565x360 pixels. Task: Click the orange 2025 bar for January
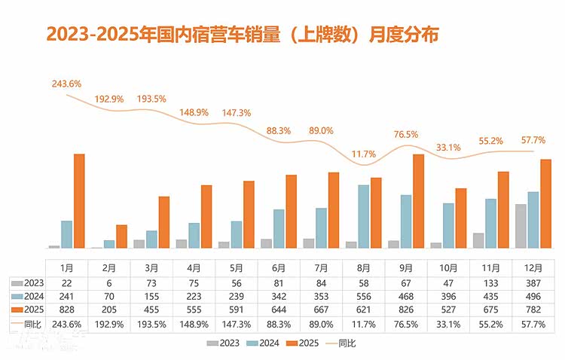[79, 201]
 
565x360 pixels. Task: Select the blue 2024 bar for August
[363, 216]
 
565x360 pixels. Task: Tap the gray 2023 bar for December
[521, 226]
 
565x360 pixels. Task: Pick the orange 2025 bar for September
[419, 201]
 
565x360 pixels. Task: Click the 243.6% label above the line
[66, 84]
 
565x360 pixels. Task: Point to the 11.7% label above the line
[364, 154]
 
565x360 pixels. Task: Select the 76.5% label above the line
[407, 134]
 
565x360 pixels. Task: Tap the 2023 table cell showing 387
[533, 282]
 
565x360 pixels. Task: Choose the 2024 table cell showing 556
[363, 296]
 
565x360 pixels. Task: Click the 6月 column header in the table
[278, 267]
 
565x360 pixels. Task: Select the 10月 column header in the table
[448, 267]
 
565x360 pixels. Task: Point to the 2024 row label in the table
[28, 296]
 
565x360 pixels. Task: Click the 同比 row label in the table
[28, 324]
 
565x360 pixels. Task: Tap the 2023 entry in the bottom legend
[227, 343]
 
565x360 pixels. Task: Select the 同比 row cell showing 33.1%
[448, 324]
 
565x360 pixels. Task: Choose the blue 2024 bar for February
[110, 243]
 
